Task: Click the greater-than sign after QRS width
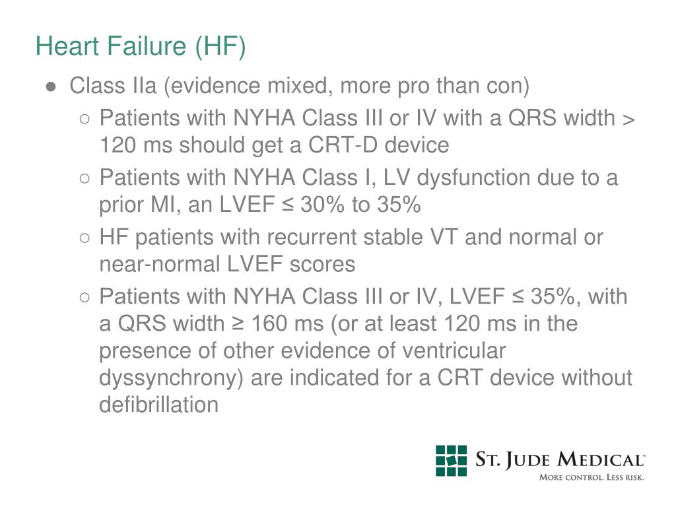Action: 628,119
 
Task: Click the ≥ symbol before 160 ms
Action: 237,324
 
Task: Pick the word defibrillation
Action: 158,404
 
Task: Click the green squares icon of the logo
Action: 451,460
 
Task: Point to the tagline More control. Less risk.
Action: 591,477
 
